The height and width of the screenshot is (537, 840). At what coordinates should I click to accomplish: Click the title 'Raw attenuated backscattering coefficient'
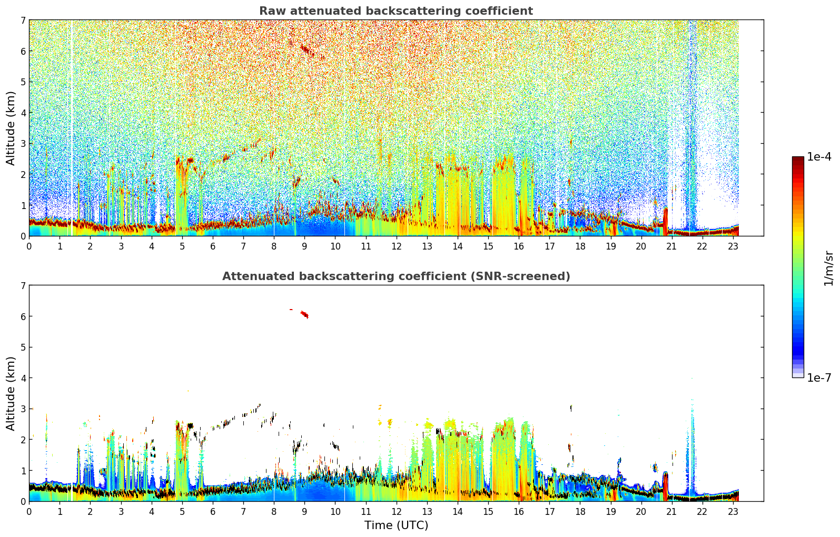click(x=396, y=11)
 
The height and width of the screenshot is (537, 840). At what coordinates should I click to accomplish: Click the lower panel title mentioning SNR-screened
click(x=396, y=276)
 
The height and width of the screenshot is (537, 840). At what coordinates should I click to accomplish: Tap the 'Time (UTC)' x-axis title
click(x=396, y=525)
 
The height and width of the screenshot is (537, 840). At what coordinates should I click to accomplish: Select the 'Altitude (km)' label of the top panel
click(x=11, y=128)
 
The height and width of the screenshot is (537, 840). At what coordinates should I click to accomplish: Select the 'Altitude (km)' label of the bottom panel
click(x=11, y=393)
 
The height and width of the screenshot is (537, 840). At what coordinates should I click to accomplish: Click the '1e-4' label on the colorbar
click(x=819, y=157)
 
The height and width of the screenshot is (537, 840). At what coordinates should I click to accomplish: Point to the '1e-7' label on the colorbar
click(x=819, y=377)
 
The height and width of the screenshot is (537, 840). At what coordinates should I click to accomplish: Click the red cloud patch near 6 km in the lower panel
click(x=304, y=314)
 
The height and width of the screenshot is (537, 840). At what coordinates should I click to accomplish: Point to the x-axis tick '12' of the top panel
click(x=397, y=246)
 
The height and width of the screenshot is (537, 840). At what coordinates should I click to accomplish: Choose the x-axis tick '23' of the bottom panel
click(x=733, y=512)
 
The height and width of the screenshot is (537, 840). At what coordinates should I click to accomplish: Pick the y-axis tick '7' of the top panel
click(x=23, y=20)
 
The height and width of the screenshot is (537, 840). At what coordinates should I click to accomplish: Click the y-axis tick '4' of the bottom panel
click(x=23, y=378)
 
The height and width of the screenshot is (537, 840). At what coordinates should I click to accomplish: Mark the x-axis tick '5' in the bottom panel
click(x=182, y=512)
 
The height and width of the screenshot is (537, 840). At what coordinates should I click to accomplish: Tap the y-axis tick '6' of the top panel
click(x=23, y=51)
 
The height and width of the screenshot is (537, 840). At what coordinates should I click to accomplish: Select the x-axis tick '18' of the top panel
click(x=580, y=246)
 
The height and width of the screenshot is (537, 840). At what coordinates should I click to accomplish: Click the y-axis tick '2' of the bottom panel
click(x=23, y=440)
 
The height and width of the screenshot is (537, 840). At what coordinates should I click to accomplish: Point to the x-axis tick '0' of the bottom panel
click(x=29, y=512)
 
